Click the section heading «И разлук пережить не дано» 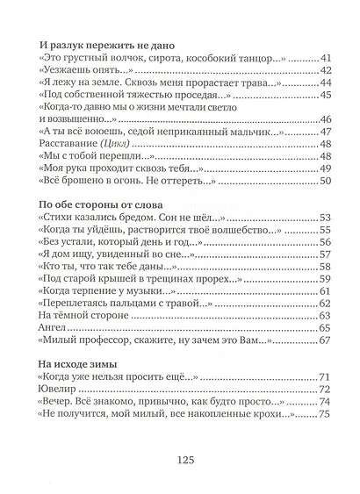tap(110, 42)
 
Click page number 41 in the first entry tap(320, 57)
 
